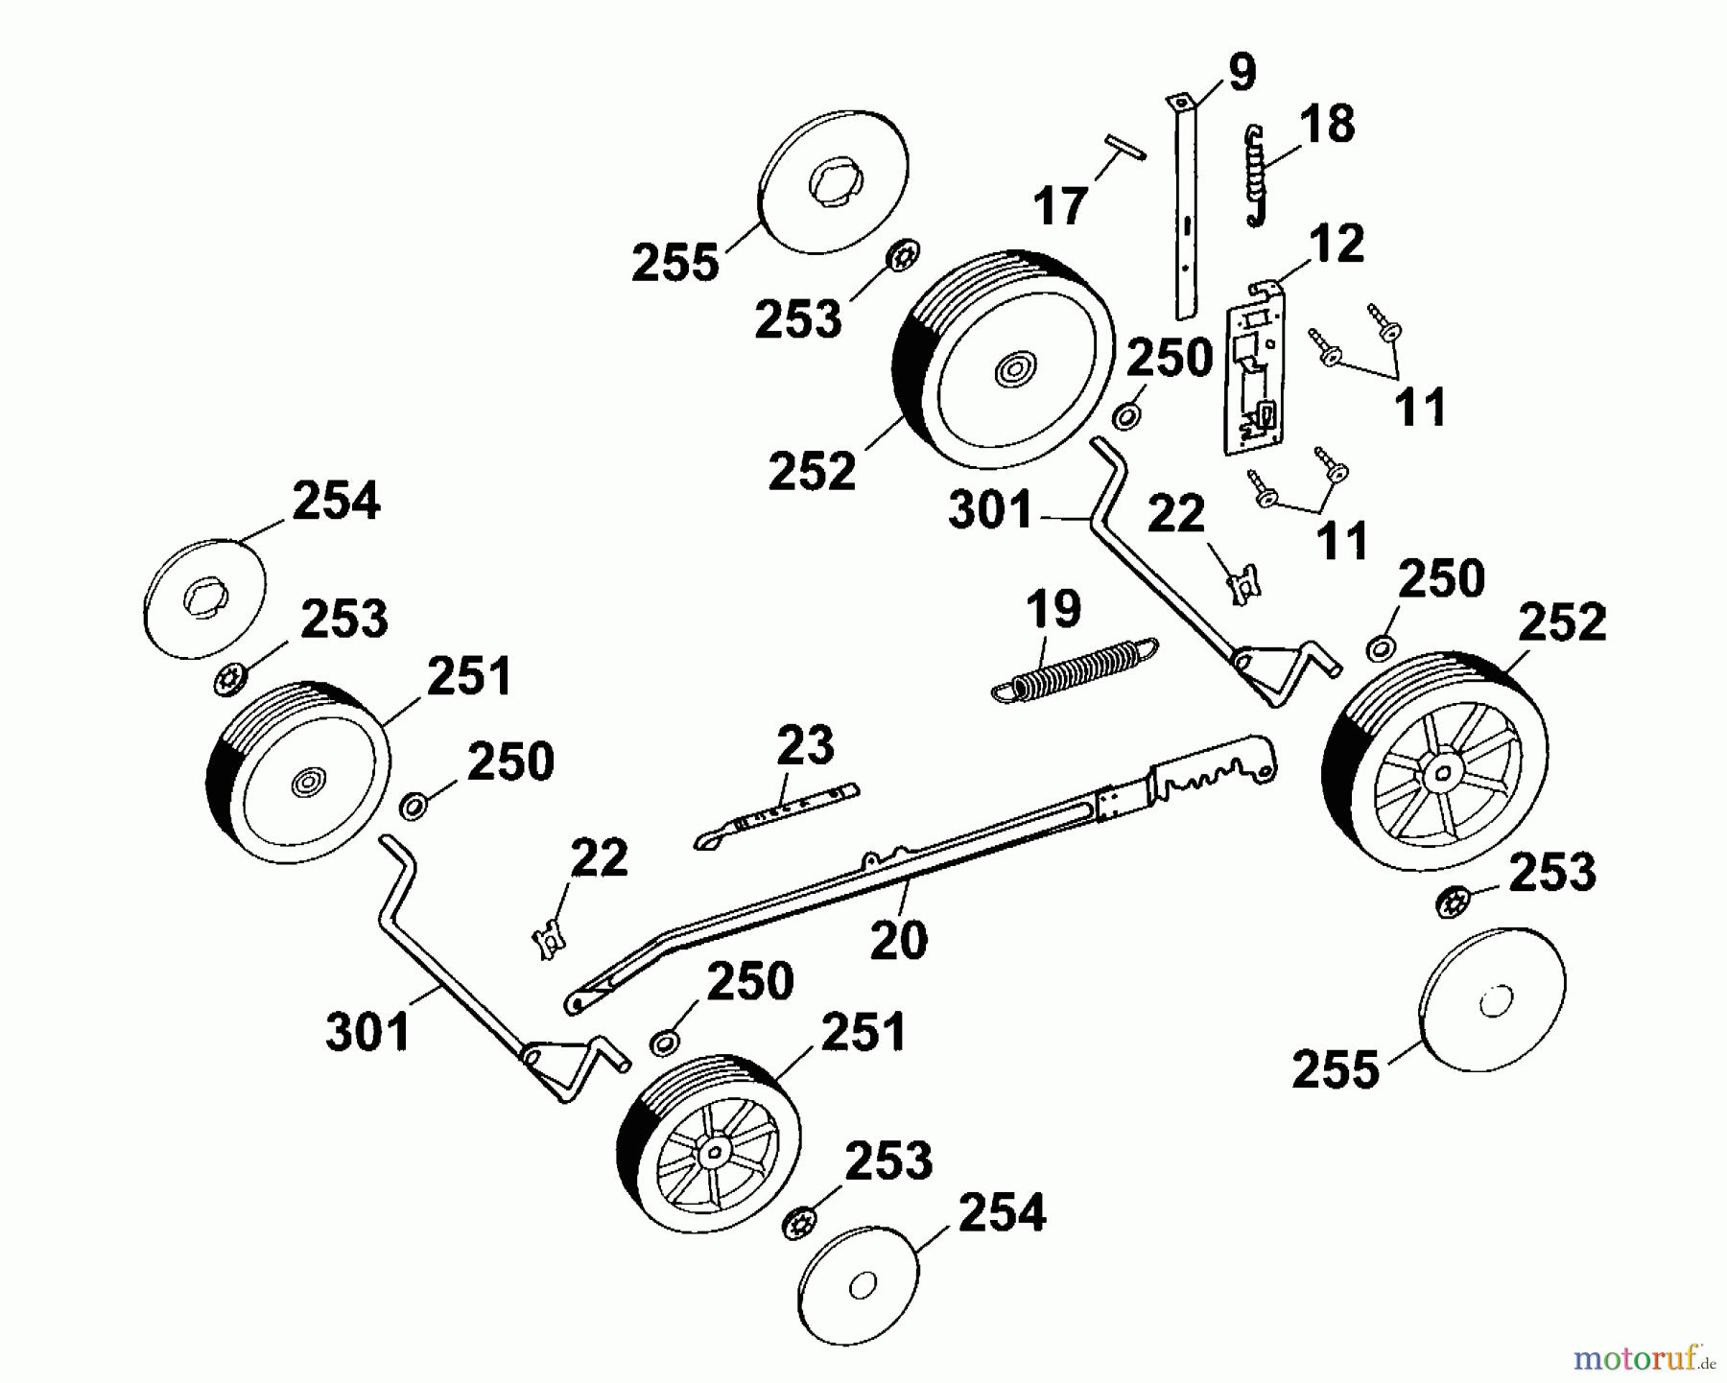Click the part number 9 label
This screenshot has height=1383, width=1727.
click(1241, 74)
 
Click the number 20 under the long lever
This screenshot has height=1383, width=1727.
click(899, 940)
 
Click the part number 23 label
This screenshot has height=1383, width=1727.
click(805, 745)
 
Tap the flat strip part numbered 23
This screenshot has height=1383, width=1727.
click(777, 815)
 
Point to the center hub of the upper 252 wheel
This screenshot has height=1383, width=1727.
click(1013, 369)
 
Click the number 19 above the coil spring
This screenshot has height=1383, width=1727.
click(1053, 609)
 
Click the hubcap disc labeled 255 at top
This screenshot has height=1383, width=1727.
click(833, 182)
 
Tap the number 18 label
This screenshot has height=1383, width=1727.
click(1327, 125)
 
